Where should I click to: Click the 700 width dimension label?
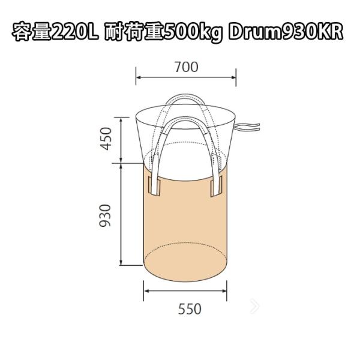[x=186, y=67]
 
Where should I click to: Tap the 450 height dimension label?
[x=106, y=139]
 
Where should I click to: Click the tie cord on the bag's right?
[x=245, y=126]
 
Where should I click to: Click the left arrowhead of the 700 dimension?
[x=139, y=77]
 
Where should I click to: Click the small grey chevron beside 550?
[x=256, y=307]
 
